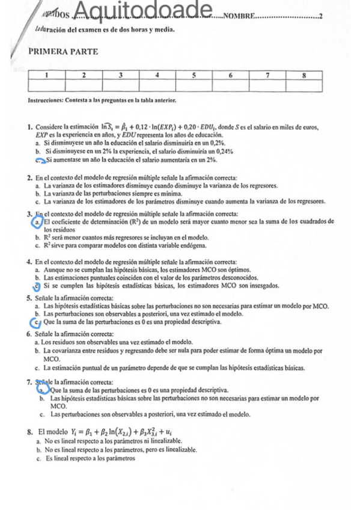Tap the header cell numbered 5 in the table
coord(195,75)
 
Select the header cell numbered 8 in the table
coord(305,75)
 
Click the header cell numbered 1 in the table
coord(47,75)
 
